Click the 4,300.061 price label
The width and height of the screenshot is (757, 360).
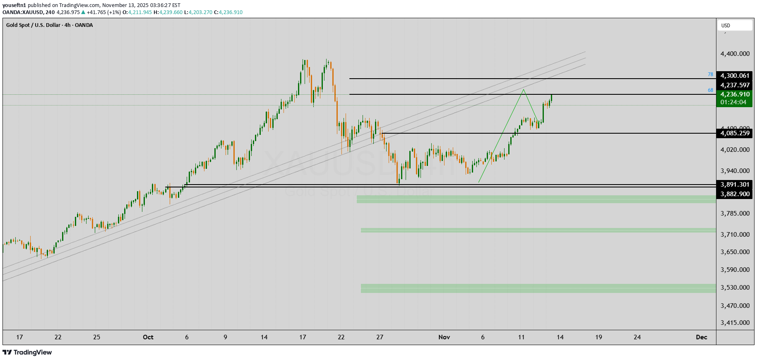(x=735, y=76)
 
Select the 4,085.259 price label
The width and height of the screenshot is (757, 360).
(x=735, y=133)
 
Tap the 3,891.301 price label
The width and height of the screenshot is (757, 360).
(x=735, y=185)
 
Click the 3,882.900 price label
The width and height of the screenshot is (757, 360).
(x=735, y=194)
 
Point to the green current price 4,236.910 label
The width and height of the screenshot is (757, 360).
(x=735, y=94)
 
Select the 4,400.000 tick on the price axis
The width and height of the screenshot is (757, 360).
(x=735, y=54)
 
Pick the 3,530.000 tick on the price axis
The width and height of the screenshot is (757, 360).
(x=735, y=288)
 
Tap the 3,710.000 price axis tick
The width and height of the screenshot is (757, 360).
(x=735, y=235)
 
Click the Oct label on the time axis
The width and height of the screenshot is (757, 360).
(x=148, y=337)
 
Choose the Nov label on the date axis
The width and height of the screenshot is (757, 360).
(x=444, y=337)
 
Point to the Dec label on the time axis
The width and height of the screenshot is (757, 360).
(x=702, y=337)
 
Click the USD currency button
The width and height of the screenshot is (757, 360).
(x=734, y=26)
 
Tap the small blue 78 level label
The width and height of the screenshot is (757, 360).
(x=710, y=75)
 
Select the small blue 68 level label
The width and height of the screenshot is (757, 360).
(x=710, y=90)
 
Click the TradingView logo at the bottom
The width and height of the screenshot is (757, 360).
(x=27, y=353)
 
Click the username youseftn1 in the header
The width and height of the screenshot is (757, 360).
(x=14, y=5)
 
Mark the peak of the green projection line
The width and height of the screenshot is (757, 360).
(x=524, y=89)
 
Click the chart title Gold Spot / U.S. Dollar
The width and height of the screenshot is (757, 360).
(x=33, y=25)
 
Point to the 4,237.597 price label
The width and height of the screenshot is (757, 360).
(x=735, y=85)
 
